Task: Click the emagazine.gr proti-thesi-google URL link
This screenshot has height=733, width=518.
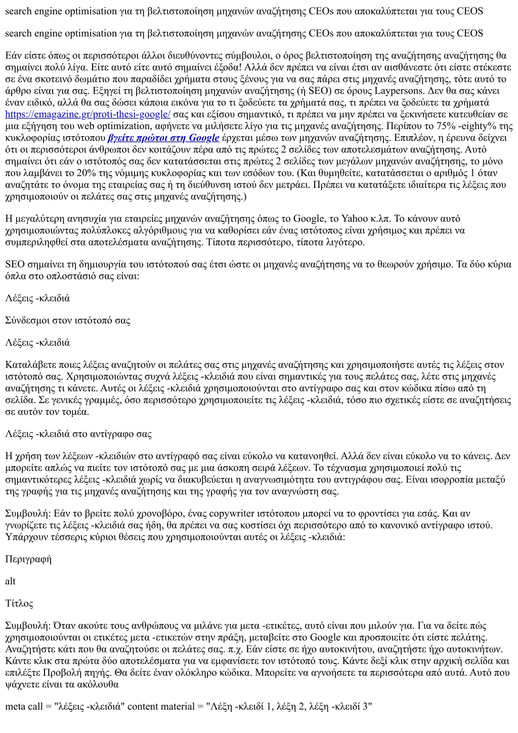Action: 88,114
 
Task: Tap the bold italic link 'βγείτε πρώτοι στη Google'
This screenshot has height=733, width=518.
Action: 163,138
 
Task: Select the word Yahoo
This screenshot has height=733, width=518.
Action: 355,219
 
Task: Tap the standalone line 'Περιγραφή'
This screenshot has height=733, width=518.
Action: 28,559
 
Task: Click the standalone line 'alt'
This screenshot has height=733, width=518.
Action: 11,581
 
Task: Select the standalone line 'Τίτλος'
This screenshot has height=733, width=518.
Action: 19,603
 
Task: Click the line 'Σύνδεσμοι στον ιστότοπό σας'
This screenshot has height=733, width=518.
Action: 68,320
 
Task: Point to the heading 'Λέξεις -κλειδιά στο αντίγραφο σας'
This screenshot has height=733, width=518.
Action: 78,434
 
